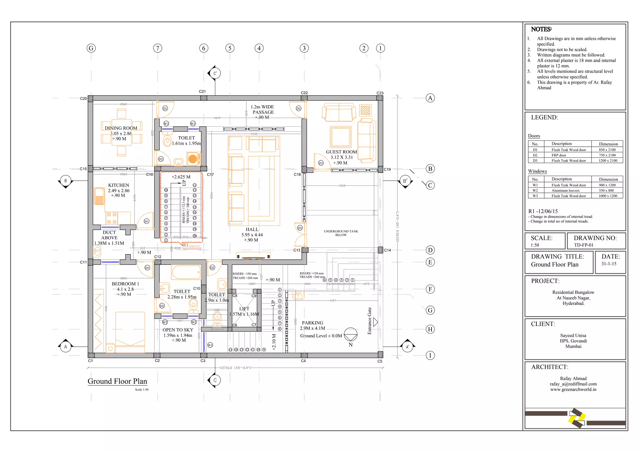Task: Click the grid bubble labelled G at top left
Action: tap(91, 48)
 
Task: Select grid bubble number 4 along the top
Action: tap(259, 48)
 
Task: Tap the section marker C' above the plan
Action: tap(215, 73)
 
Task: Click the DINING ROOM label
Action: tap(121, 128)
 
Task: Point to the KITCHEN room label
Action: tap(119, 185)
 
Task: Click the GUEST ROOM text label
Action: tap(341, 152)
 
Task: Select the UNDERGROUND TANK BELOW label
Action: tap(341, 233)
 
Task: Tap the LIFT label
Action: tap(244, 309)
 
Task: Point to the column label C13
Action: tap(297, 250)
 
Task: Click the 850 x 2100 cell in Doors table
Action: tap(607, 150)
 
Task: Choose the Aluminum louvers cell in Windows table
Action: tap(565, 190)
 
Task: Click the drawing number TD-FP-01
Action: tap(584, 245)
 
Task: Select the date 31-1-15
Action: tap(609, 264)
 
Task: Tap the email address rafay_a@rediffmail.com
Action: tap(573, 384)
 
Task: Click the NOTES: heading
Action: tap(541, 29)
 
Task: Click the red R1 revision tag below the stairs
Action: tap(186, 245)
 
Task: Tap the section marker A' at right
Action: tap(407, 346)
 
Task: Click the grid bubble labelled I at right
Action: tap(430, 355)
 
